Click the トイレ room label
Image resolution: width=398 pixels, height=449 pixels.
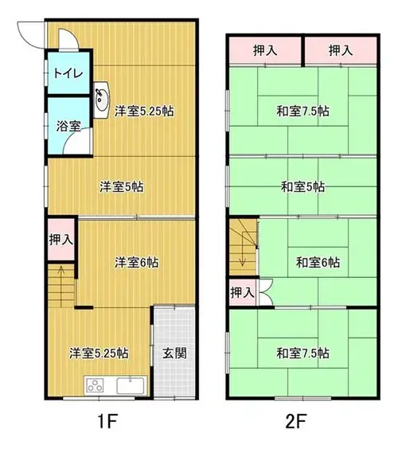tap(68, 73)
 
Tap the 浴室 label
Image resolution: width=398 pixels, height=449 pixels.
tap(68, 126)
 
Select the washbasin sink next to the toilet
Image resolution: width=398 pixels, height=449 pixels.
tap(102, 100)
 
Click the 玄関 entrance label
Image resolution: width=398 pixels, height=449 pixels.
tap(174, 353)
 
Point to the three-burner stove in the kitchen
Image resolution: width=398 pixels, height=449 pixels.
tap(95, 385)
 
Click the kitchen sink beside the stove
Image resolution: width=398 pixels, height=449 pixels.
tap(131, 385)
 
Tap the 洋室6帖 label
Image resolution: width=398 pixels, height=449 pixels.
tap(136, 262)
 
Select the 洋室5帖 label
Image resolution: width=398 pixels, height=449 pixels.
tap(122, 187)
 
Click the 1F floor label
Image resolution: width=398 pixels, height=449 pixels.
tap(107, 421)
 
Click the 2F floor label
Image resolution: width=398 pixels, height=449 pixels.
tap(296, 421)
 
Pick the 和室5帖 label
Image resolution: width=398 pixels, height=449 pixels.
tap(302, 187)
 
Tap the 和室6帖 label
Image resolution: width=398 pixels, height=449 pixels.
tap(318, 262)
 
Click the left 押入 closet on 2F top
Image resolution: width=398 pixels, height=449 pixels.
tap(265, 51)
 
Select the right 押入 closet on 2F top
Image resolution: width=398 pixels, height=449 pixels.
tap(341, 51)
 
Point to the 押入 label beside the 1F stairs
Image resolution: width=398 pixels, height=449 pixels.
tap(61, 240)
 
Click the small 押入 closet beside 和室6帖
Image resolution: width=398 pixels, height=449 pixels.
tap(242, 292)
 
